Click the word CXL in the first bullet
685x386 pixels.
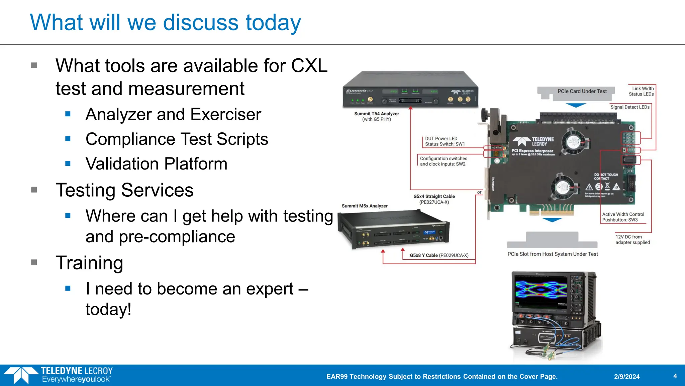(309, 66)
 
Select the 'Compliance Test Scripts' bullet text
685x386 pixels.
(177, 139)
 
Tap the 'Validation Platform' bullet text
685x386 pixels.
(156, 164)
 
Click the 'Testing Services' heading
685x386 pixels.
(124, 190)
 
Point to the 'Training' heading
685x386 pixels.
(89, 263)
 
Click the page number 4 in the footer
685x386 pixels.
(675, 376)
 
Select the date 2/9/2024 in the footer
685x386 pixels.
(626, 377)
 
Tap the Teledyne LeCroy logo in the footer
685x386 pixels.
(59, 375)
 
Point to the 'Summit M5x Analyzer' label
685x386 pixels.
(365, 206)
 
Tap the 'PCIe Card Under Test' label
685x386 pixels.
(582, 91)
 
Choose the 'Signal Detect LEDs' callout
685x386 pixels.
(630, 107)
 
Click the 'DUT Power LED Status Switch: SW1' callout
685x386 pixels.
(445, 141)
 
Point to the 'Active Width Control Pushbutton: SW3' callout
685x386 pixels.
(623, 217)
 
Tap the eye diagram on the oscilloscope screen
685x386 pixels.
(541, 290)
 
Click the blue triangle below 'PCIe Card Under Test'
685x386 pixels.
(576, 105)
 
